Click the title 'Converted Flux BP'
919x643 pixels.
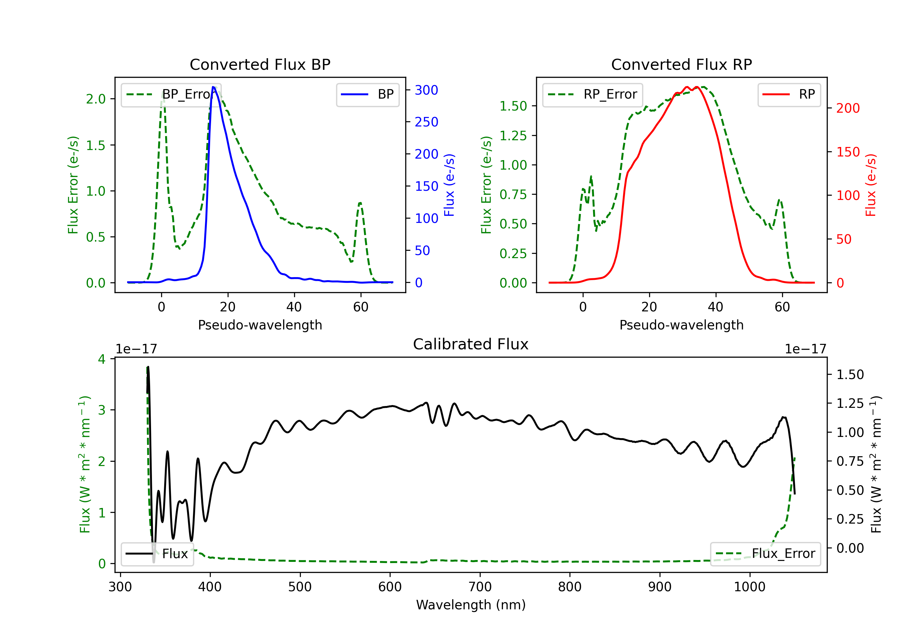coord(260,64)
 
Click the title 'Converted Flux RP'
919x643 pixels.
coord(681,64)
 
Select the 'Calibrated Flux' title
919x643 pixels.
coord(471,344)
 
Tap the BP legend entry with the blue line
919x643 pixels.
coord(367,94)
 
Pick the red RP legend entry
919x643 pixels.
coord(789,94)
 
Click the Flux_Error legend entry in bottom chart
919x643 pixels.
coord(765,554)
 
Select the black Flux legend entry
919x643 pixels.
coord(157,554)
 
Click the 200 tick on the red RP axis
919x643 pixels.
coord(848,108)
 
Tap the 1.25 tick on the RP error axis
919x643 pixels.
coord(513,136)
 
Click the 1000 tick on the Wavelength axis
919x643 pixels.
coord(749,587)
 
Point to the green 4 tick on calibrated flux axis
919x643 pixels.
coord(102,359)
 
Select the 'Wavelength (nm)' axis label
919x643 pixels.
coord(471,605)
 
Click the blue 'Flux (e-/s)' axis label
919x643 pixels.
coord(449,185)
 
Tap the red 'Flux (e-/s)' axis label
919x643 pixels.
coord(871,185)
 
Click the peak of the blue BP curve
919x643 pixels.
coord(213,87)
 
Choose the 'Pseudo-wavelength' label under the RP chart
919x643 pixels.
coord(681,325)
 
